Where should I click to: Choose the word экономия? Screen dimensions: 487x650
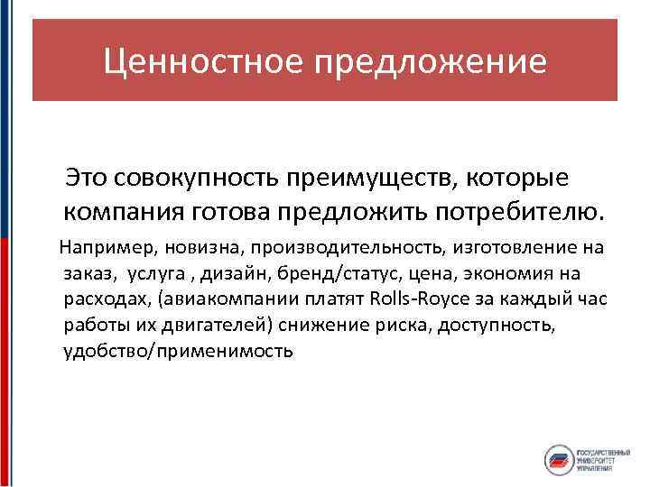pyautogui.click(x=506, y=273)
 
